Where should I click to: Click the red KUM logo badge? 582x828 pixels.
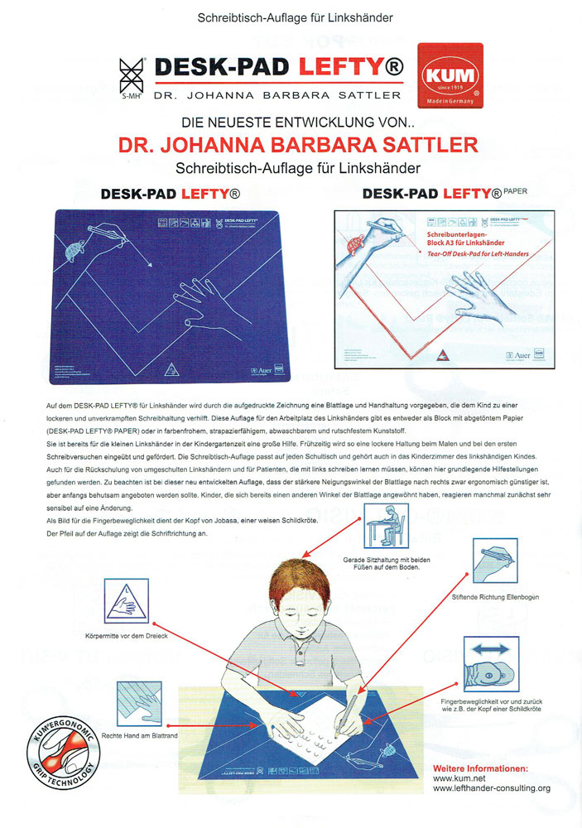[x=449, y=77]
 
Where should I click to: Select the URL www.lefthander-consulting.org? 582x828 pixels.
[x=492, y=788]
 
